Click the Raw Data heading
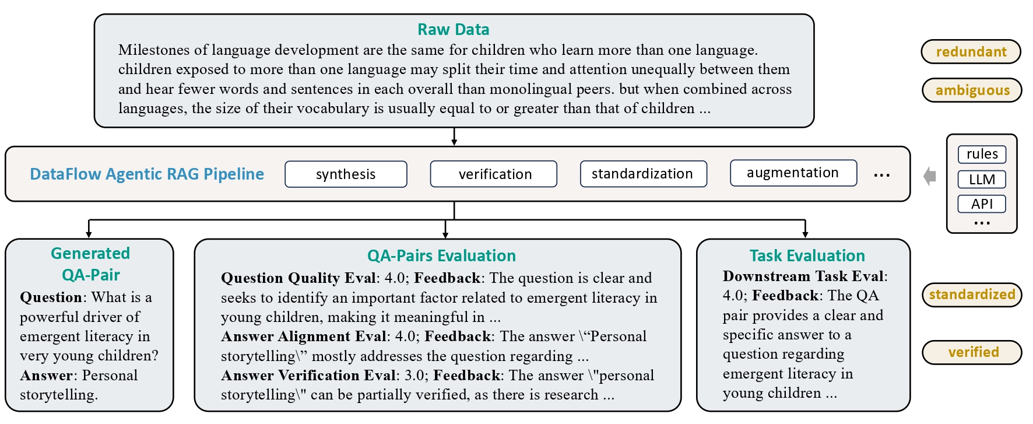tap(453, 29)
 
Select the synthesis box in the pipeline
tap(346, 174)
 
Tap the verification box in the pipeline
tap(494, 174)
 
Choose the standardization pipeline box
tap(644, 174)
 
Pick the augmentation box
tap(793, 173)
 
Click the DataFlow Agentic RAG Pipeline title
tap(147, 174)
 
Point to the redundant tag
tap(971, 51)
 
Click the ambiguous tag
tap(972, 90)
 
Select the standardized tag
tap(972, 295)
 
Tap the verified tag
tap(972, 352)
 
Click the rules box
tap(982, 154)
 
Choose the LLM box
tap(982, 179)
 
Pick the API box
tap(982, 204)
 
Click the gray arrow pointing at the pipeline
tap(930, 176)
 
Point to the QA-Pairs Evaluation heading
tap(441, 255)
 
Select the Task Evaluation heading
tap(807, 255)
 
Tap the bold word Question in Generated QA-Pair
tap(51, 297)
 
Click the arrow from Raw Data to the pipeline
tap(454, 136)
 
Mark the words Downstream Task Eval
tap(803, 276)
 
